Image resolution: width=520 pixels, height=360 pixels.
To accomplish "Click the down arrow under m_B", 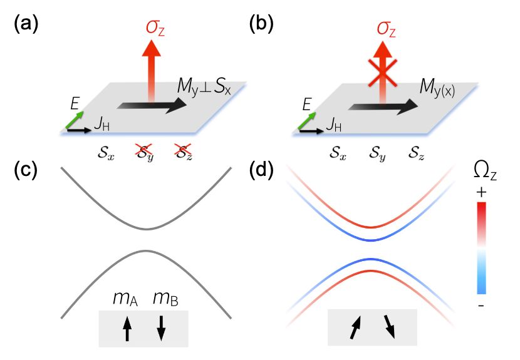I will (x=161, y=327).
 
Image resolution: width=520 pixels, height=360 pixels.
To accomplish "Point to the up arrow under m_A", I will (x=127, y=327).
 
